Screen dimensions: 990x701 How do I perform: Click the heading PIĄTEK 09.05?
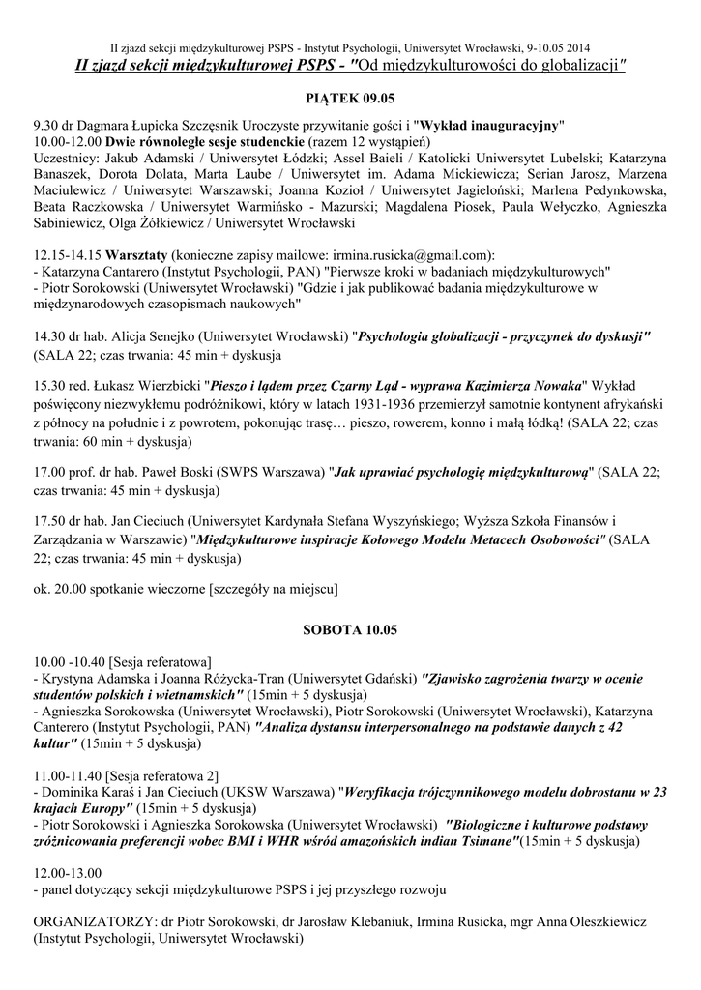[350, 99]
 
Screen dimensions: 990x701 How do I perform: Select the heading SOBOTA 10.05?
[350, 629]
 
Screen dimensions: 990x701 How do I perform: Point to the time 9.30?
[46, 127]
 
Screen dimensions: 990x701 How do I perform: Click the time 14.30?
[48, 336]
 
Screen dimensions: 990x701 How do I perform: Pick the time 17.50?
[48, 520]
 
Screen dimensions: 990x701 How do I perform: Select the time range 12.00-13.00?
[71, 871]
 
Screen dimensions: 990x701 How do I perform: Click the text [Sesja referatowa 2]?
[163, 775]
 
